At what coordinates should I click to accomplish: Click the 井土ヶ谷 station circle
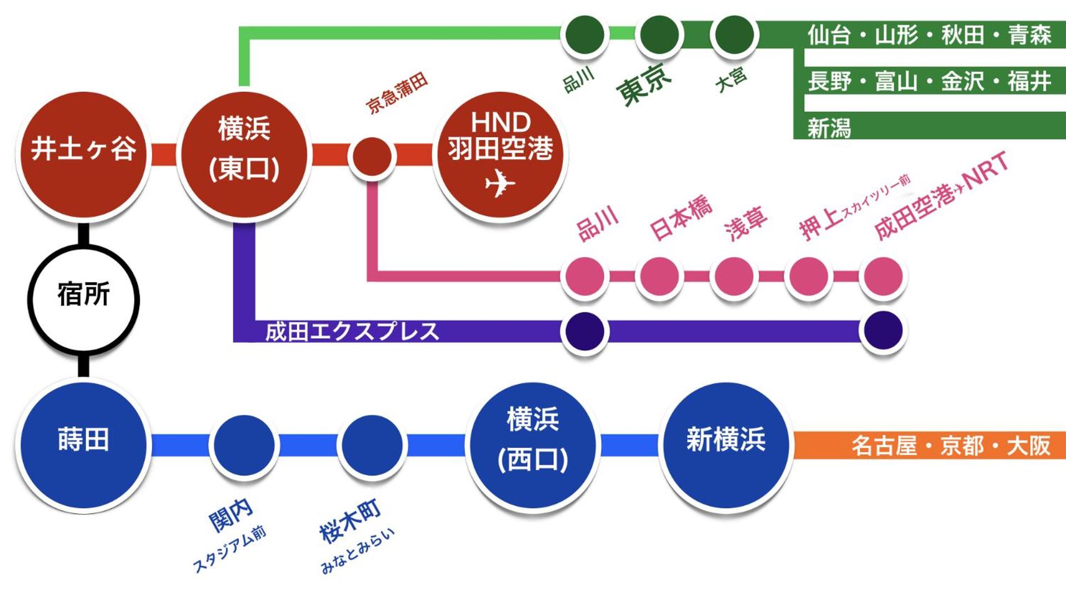click(x=83, y=154)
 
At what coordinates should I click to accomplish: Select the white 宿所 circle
click(x=83, y=299)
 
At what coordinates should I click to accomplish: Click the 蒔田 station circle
click(x=83, y=445)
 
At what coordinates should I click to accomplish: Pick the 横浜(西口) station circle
click(x=533, y=445)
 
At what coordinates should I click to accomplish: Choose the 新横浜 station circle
click(x=725, y=445)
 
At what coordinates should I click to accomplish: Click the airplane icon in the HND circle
click(x=499, y=183)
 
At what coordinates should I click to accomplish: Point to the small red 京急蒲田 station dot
click(x=372, y=157)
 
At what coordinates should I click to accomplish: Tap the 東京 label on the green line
click(x=643, y=84)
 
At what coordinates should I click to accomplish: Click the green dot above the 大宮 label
click(x=734, y=34)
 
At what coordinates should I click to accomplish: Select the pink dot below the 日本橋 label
click(x=659, y=276)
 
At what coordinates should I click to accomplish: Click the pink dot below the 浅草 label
click(x=734, y=276)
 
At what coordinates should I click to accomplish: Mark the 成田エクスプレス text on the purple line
click(x=352, y=332)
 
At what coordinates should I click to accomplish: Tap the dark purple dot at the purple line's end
click(x=883, y=331)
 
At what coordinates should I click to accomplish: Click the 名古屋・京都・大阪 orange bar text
click(x=950, y=446)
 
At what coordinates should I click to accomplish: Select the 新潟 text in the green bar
click(x=829, y=128)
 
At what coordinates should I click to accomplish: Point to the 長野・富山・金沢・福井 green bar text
click(x=929, y=81)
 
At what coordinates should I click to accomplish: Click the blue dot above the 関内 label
click(x=244, y=445)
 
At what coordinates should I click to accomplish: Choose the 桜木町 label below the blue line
click(x=350, y=521)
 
